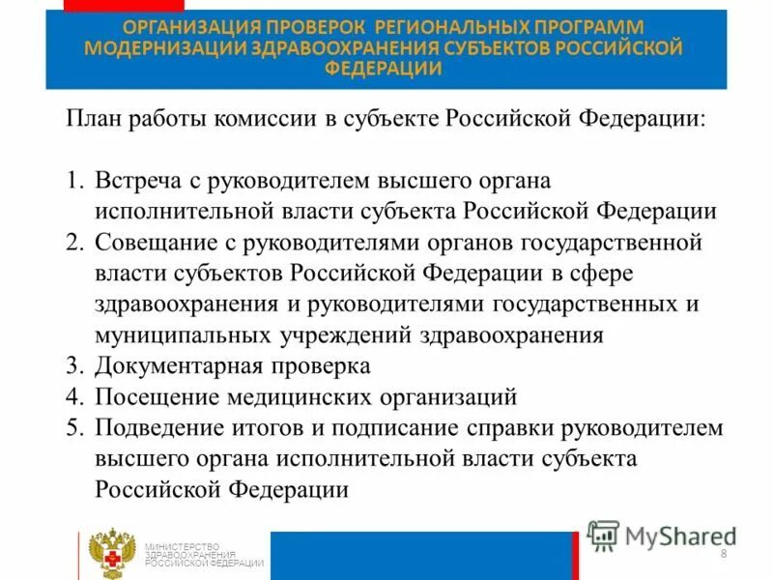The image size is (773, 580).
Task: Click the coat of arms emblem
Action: [110, 554]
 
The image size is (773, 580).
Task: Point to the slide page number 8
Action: [723, 552]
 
